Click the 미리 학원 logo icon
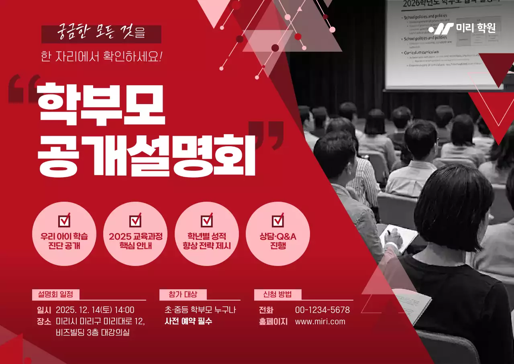coord(441,29)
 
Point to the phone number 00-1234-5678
coord(322,310)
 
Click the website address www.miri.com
coord(320,321)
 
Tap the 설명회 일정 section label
coord(56,294)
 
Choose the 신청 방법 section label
coord(277,294)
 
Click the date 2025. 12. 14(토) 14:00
coord(95,310)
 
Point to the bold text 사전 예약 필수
coord(188,321)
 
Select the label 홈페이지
coord(273,321)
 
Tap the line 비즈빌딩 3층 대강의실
coord(93,333)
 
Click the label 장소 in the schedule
coord(44,321)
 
